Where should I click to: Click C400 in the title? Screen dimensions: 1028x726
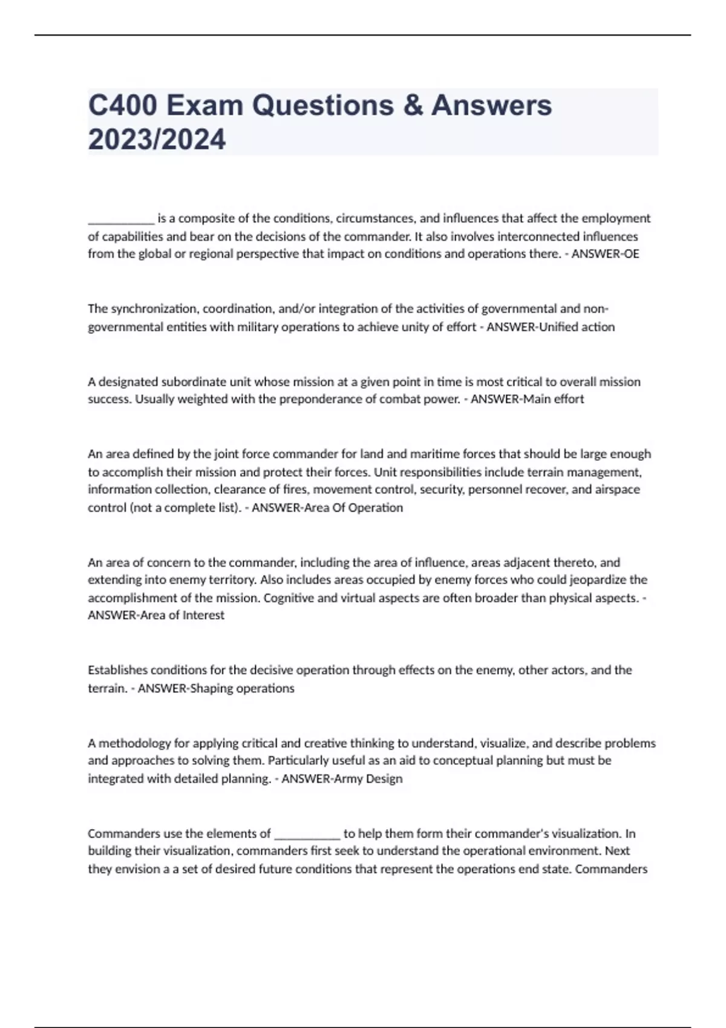tap(123, 105)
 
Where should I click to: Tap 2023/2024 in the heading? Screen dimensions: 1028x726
tap(157, 140)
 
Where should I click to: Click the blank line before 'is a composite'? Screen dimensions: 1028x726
tap(121, 219)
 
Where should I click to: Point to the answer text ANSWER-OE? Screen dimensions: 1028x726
tap(605, 254)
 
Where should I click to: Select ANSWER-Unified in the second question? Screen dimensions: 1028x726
tap(525, 327)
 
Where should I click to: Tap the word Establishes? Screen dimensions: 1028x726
tap(117, 670)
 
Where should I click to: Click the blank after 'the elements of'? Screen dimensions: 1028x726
tap(307, 834)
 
